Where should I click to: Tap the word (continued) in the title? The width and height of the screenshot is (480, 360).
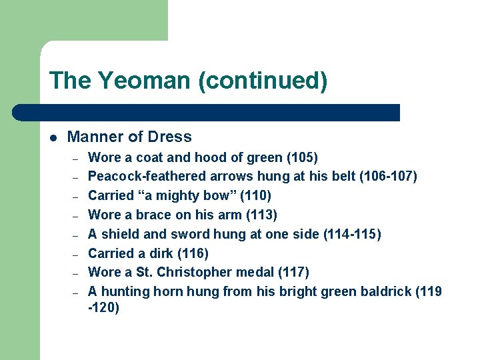coord(262,81)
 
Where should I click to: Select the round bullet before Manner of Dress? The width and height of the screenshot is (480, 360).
coord(53,138)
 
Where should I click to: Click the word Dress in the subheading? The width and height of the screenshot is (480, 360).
coord(169,137)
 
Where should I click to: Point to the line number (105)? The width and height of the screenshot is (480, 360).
coord(301,157)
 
